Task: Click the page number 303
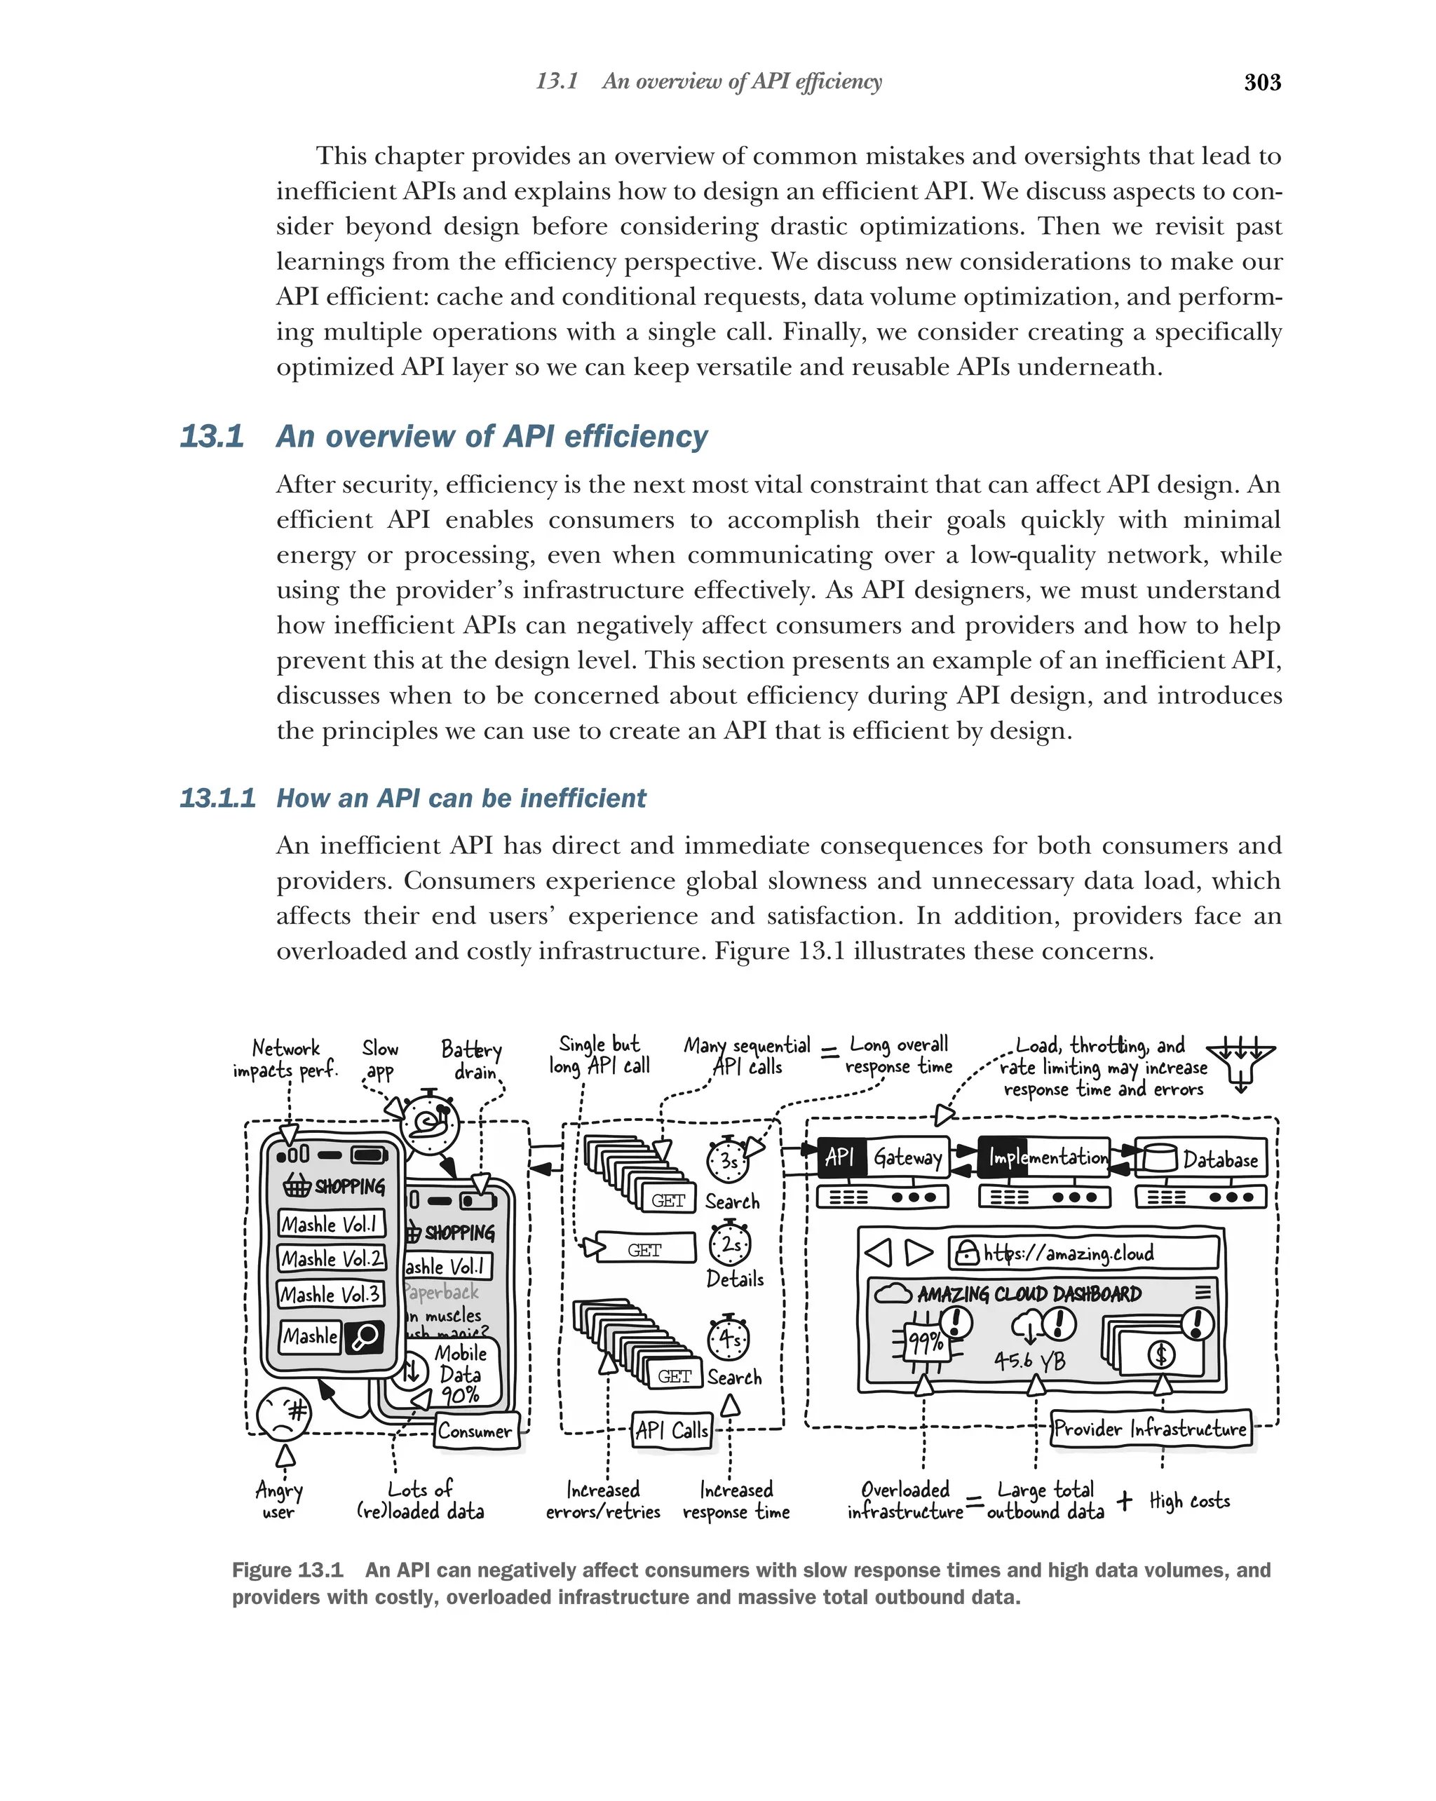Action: tap(1261, 82)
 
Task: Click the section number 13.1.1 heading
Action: tap(217, 798)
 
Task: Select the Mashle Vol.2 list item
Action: tap(331, 1258)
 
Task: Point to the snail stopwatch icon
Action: tap(429, 1124)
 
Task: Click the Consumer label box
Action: tap(475, 1430)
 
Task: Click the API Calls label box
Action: tap(672, 1430)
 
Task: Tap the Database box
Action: tap(1201, 1159)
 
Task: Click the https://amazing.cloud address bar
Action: tap(1083, 1252)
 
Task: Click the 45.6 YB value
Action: tap(1029, 1361)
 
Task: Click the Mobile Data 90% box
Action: tap(458, 1374)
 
